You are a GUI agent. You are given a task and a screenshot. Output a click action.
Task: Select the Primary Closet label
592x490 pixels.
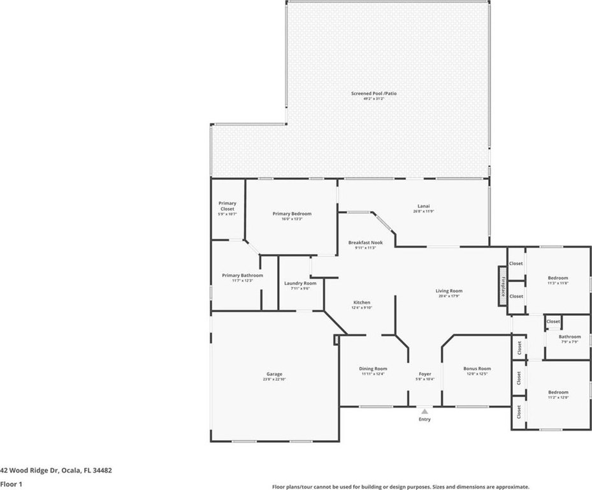pos(227,206)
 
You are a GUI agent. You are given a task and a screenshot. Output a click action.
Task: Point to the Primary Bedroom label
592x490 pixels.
pos(292,214)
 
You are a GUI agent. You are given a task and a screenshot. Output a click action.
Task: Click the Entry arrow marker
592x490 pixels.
pos(424,412)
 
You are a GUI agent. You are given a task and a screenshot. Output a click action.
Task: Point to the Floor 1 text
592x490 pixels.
pos(11,484)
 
